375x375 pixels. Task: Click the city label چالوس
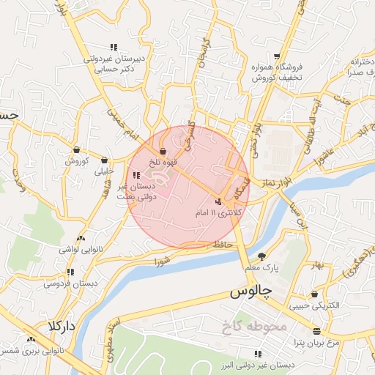pos(251,292)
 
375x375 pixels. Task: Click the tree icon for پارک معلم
pos(262,256)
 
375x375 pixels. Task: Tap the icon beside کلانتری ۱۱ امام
pos(219,201)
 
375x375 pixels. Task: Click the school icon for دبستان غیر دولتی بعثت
pos(137,175)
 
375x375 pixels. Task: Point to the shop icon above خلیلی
pos(104,160)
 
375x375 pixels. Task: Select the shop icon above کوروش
pos(76,149)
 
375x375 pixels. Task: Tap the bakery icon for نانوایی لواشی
pos(81,238)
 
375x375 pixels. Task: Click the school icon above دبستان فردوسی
pos(70,272)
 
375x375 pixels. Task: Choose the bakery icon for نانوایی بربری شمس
pos(31,339)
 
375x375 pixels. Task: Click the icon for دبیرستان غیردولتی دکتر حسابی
pos(113,47)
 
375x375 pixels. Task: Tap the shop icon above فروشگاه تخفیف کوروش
pos(276,57)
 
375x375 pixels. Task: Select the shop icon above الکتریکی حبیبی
pos(314,294)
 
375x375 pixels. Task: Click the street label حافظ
pos(221,244)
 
